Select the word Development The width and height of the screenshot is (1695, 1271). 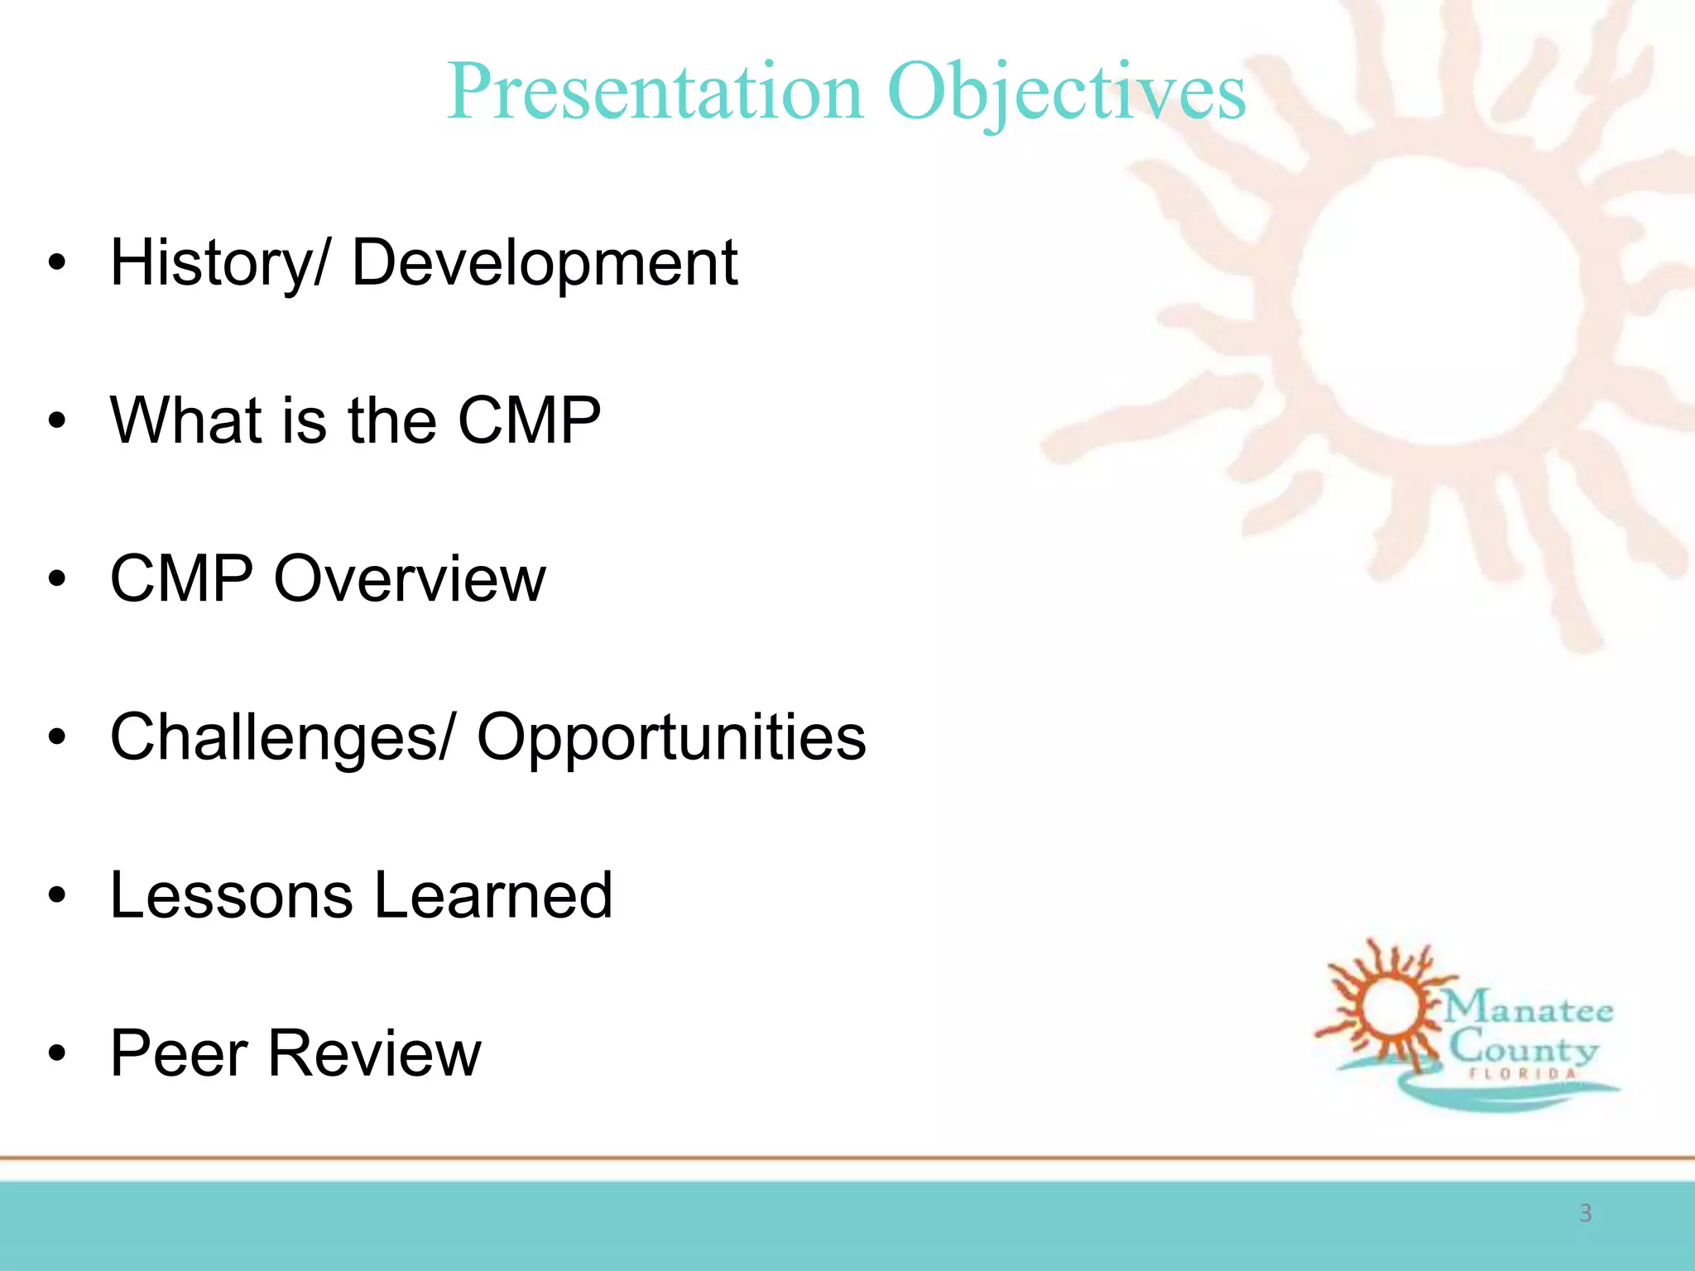[x=544, y=263]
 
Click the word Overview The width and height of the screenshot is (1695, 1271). [x=410, y=578]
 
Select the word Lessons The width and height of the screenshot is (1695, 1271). [x=231, y=895]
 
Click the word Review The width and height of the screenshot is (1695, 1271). [x=374, y=1053]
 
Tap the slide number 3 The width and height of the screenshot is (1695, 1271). [x=1585, y=1213]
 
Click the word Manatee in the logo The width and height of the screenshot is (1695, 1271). [x=1529, y=1009]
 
